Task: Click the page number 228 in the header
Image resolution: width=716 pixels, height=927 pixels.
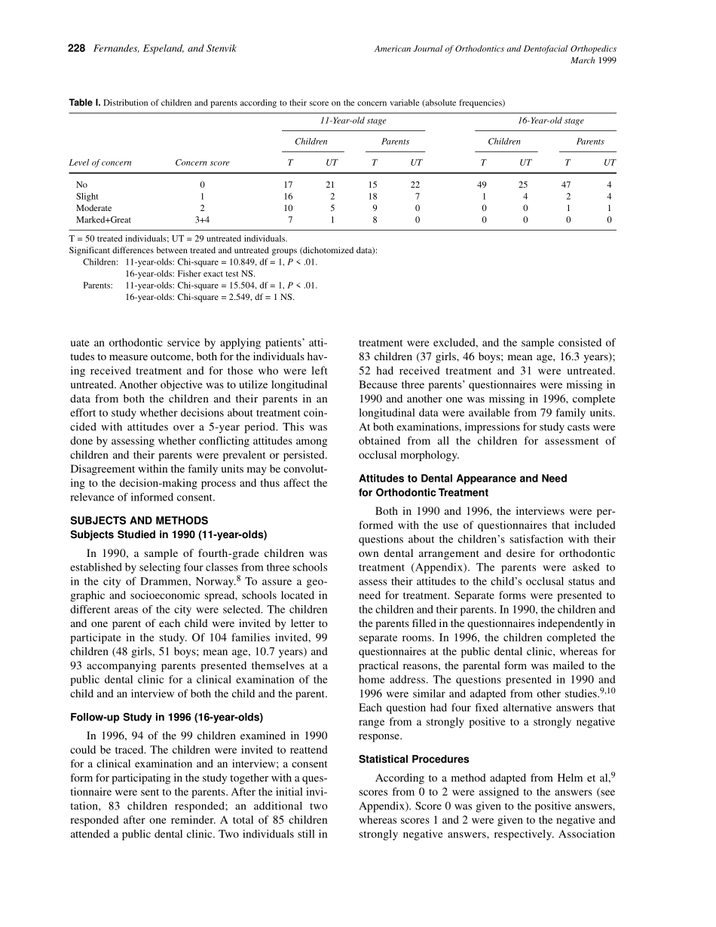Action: point(76,48)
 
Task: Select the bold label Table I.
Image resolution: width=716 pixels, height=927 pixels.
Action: point(84,102)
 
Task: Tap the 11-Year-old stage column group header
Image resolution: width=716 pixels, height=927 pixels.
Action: point(353,121)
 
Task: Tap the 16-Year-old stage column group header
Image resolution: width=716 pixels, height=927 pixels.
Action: point(546,121)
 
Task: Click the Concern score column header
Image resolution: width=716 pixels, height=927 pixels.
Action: point(202,162)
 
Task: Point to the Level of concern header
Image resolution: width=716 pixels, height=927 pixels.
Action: point(100,162)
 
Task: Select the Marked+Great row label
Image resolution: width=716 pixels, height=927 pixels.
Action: point(103,220)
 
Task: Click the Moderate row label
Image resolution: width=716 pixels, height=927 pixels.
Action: point(93,208)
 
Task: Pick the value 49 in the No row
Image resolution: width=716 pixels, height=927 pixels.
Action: point(483,184)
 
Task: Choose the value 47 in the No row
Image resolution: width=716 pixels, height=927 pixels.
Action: point(568,184)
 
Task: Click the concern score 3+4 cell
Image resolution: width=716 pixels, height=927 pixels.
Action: point(202,220)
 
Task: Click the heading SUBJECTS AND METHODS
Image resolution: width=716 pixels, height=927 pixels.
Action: point(139,521)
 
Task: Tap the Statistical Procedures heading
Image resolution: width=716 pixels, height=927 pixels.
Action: point(414,759)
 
